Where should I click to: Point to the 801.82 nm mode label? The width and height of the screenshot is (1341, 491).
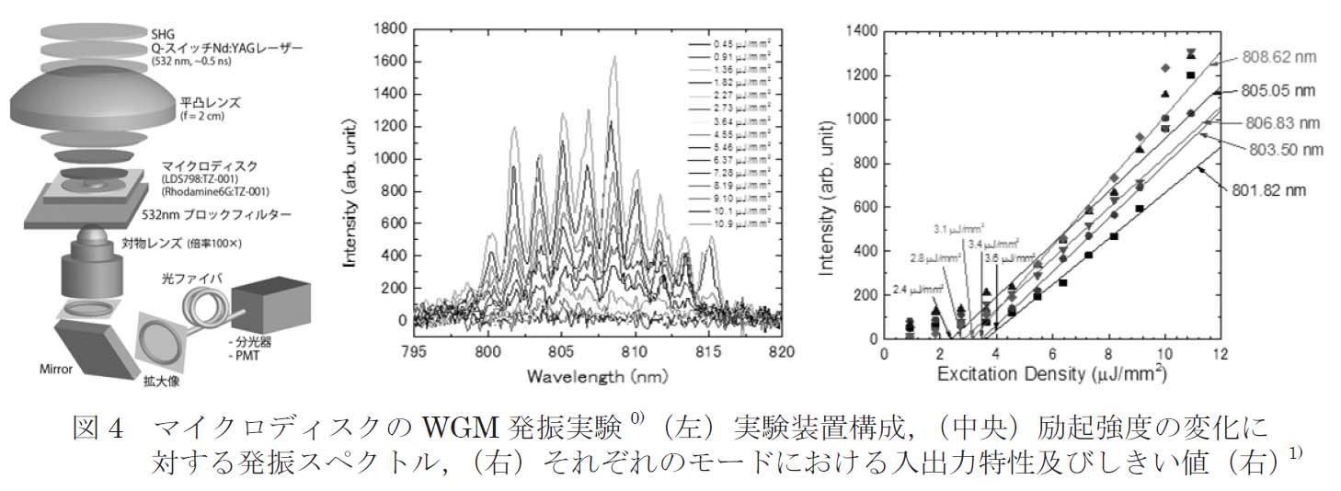1271,191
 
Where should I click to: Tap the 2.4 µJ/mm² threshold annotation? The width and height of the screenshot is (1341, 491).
915,289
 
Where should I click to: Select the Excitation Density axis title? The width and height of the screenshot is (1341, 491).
1052,375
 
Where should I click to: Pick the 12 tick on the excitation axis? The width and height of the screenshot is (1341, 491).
1220,352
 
